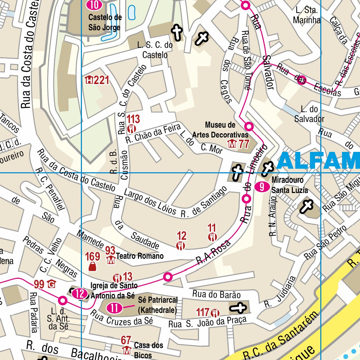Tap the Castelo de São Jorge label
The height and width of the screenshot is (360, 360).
(x=105, y=22)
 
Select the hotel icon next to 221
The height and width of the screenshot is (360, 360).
(x=89, y=80)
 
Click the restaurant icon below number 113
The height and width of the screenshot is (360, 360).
(x=132, y=128)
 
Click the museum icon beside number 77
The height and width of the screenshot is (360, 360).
(x=232, y=143)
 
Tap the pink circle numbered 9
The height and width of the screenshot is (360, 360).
(x=262, y=187)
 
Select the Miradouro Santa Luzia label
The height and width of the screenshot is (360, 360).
(x=289, y=185)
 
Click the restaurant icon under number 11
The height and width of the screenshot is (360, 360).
(x=212, y=237)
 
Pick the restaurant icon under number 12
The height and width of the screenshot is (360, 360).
(x=181, y=245)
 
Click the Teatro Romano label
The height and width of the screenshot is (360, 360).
(x=140, y=256)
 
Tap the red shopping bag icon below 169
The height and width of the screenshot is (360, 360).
(x=92, y=267)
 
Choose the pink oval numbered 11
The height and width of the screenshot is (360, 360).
(x=114, y=308)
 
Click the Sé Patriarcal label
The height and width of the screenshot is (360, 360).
(x=157, y=305)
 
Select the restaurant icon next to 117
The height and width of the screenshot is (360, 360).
(x=215, y=312)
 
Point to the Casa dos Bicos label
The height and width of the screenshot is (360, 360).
(x=148, y=349)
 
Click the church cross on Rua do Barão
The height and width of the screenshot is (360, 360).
(x=238, y=308)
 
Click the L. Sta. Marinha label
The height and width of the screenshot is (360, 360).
(x=307, y=15)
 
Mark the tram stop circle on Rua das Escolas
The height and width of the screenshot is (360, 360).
(x=301, y=81)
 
